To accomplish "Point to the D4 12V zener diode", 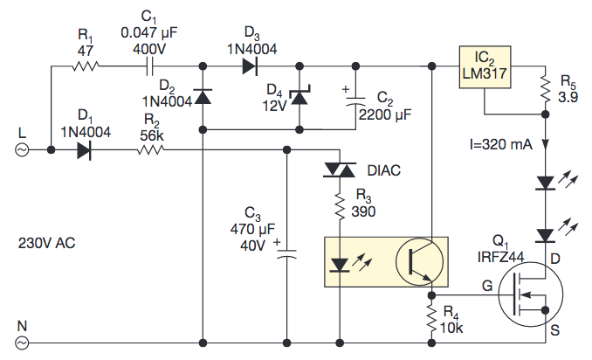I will click(301, 96).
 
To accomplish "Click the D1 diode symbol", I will click(84, 149).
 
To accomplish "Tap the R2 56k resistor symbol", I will click(149, 149).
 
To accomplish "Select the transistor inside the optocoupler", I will click(416, 261).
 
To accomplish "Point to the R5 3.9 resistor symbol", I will click(545, 88).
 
